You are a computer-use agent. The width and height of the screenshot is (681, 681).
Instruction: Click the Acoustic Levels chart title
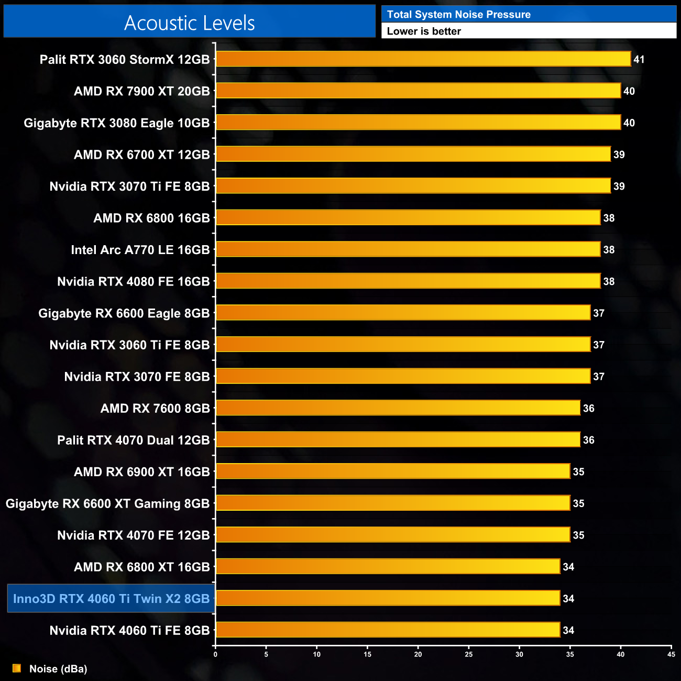tap(190, 23)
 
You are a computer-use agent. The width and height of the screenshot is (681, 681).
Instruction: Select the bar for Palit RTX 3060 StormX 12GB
tap(423, 59)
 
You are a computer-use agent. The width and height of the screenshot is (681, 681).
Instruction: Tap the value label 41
tap(639, 60)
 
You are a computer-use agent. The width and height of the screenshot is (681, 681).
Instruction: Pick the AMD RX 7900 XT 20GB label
tap(142, 91)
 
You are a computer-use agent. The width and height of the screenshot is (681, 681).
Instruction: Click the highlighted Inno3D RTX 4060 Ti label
tap(111, 599)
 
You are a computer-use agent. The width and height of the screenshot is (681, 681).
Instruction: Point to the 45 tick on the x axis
tap(671, 654)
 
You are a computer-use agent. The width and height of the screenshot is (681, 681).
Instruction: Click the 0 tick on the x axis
tap(215, 654)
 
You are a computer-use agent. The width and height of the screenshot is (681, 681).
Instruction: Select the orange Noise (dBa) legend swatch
tap(17, 668)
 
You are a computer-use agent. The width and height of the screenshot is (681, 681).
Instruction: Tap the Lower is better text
tap(424, 31)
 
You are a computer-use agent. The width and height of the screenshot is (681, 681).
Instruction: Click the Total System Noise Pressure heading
tap(458, 15)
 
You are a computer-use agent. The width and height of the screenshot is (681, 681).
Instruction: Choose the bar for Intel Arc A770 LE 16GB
tap(408, 249)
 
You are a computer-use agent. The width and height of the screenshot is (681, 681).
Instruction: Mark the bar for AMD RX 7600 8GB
tap(398, 408)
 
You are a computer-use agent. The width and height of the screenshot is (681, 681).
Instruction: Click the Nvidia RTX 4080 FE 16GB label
tap(134, 282)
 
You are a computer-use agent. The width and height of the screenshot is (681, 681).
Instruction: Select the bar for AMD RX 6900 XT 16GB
tap(393, 471)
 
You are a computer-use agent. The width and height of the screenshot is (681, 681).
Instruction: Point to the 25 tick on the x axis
tap(469, 654)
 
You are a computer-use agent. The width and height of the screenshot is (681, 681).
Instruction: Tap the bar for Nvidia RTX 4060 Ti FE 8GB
tap(388, 630)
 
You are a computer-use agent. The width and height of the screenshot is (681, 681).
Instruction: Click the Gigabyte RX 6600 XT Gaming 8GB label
tap(107, 504)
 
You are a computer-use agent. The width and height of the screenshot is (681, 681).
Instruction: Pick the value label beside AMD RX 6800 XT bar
tap(568, 567)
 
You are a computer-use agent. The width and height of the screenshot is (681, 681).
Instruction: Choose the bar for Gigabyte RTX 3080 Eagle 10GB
tap(418, 123)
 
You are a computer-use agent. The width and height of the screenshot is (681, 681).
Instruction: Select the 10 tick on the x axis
tap(317, 654)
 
